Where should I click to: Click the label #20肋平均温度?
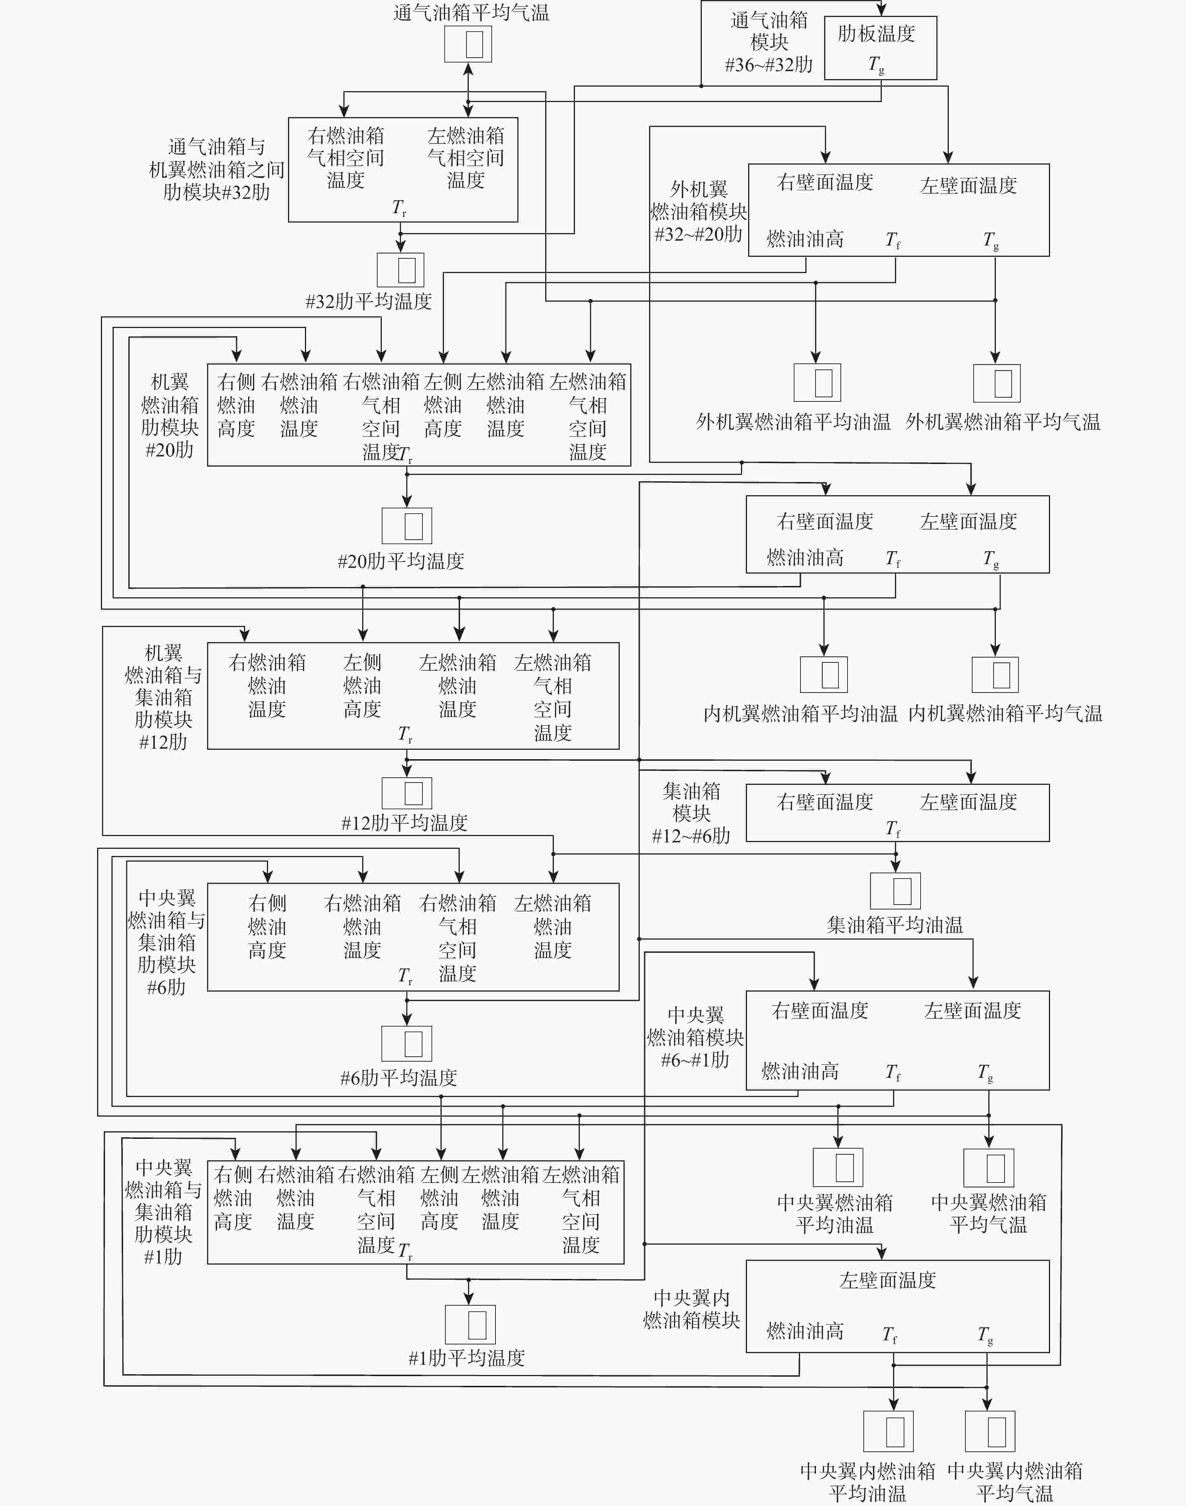[x=401, y=561]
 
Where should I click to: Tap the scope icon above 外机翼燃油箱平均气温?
[x=997, y=383]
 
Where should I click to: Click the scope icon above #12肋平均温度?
[x=407, y=793]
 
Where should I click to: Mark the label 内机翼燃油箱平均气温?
[x=1005, y=713]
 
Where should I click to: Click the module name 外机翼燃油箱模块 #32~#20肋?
[x=698, y=212]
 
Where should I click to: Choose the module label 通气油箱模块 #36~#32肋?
[x=769, y=43]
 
